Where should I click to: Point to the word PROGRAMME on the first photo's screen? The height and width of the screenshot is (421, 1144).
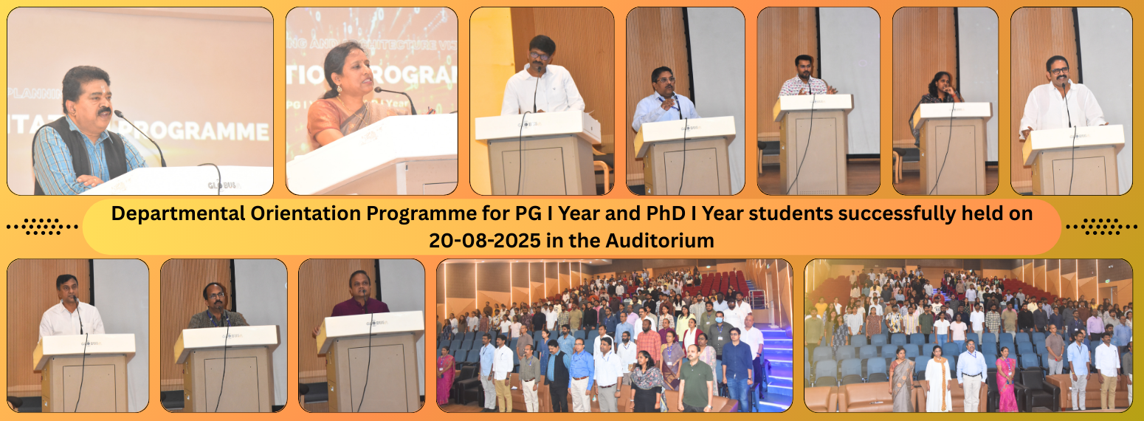[x=214, y=131]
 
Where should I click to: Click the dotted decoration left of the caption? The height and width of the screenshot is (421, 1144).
[x=43, y=227]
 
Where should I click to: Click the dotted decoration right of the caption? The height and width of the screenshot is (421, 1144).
[x=1101, y=227]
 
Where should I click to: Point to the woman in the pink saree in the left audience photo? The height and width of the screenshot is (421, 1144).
[x=446, y=374]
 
